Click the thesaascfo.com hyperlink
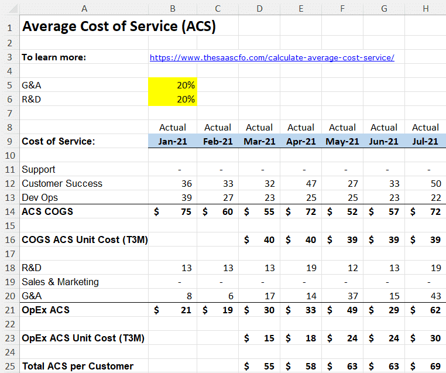point(272,57)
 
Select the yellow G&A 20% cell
point(173,85)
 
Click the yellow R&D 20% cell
point(173,99)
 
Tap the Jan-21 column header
point(173,141)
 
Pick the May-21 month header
point(342,141)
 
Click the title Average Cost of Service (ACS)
point(119,26)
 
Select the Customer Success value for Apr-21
point(311,183)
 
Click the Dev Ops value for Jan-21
point(187,197)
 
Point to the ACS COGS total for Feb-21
point(228,212)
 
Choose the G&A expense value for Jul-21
point(436,296)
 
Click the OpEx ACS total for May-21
point(352,310)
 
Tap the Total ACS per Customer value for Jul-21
point(435,366)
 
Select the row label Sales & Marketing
point(60,282)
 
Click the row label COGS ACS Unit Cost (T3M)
point(85,240)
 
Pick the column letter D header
point(259,9)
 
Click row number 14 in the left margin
point(10,212)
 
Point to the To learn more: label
point(54,57)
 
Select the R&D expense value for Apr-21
point(311,268)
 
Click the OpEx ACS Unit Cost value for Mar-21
point(269,338)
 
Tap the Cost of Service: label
point(59,141)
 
